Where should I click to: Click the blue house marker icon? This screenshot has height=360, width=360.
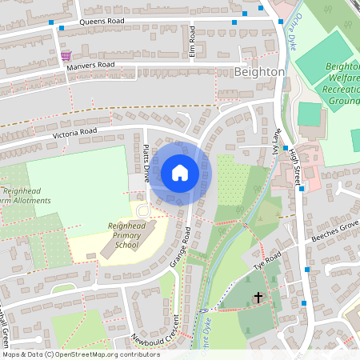[x=180, y=173]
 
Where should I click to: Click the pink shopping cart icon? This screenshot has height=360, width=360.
[x=66, y=56]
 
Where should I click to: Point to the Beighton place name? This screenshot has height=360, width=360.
[x=260, y=71]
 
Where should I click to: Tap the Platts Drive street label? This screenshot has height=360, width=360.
[x=146, y=162]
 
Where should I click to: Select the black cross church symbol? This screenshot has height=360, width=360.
[x=258, y=298]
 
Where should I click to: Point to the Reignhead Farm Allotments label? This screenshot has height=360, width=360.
[x=26, y=195]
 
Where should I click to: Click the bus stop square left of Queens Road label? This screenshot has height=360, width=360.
[x=50, y=24]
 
